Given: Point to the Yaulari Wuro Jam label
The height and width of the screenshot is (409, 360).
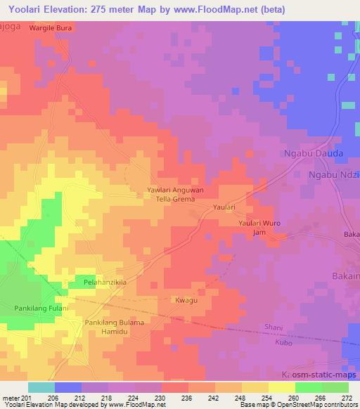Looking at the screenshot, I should pyautogui.click(x=259, y=227).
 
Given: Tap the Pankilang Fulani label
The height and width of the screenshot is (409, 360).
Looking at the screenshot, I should pyautogui.click(x=41, y=309).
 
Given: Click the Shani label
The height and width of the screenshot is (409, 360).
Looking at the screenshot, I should pyautogui.click(x=274, y=327).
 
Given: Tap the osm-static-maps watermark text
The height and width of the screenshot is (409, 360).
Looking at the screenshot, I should pyautogui.click(x=323, y=375).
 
